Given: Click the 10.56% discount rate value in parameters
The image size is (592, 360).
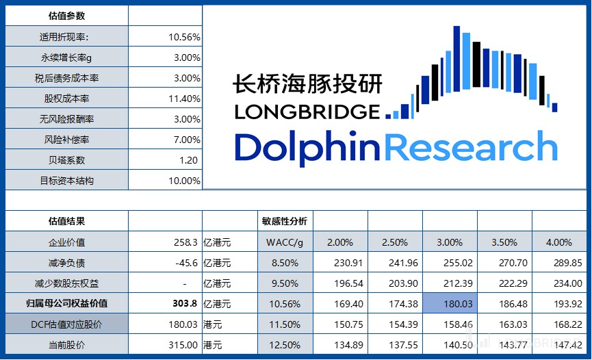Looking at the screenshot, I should pyautogui.click(x=184, y=37).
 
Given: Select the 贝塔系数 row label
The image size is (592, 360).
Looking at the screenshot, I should pyautogui.click(x=66, y=160).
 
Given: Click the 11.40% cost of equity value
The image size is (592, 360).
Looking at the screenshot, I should pyautogui.click(x=184, y=99).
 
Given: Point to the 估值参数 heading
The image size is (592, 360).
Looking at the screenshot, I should pyautogui.click(x=66, y=16).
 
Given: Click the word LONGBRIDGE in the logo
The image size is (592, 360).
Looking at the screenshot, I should pyautogui.click(x=306, y=112).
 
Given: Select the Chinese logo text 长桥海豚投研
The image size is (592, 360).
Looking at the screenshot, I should pyautogui.click(x=307, y=83).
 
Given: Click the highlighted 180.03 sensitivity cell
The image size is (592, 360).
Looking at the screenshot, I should pyautogui.click(x=450, y=303).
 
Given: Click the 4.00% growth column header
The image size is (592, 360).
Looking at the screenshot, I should pyautogui.click(x=559, y=242).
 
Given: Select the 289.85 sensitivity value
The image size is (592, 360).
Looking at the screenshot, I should pyautogui.click(x=559, y=263).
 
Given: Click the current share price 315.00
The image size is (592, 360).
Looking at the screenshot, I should pyautogui.click(x=183, y=344).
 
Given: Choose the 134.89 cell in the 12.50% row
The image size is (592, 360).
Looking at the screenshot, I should pyautogui.click(x=342, y=344).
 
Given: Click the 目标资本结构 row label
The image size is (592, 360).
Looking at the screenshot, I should pyautogui.click(x=66, y=181).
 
